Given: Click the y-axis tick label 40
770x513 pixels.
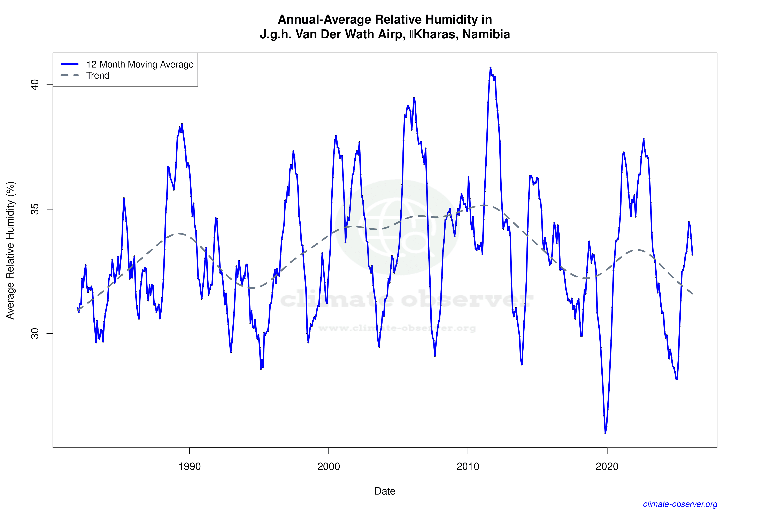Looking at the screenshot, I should point(35,85).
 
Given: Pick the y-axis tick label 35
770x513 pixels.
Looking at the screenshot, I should point(35,209).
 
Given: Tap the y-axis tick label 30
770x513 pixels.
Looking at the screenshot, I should point(35,333).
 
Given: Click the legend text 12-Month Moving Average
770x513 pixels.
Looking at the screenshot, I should point(140,64).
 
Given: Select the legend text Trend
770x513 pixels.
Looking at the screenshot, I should point(98,76).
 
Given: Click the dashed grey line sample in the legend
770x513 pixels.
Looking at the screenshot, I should point(70,75).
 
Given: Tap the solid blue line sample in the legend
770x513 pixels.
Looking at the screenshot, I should point(70,64).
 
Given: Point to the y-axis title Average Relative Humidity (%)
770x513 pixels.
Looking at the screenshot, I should point(10,250).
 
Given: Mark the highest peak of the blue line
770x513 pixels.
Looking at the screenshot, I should point(490,68).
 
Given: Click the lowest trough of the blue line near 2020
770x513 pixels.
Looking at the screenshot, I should point(605,433).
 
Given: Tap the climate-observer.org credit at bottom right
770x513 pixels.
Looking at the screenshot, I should point(680,504).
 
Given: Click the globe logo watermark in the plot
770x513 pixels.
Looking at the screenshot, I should point(397,227).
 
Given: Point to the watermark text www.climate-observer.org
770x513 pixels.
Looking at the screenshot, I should point(397,328).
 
